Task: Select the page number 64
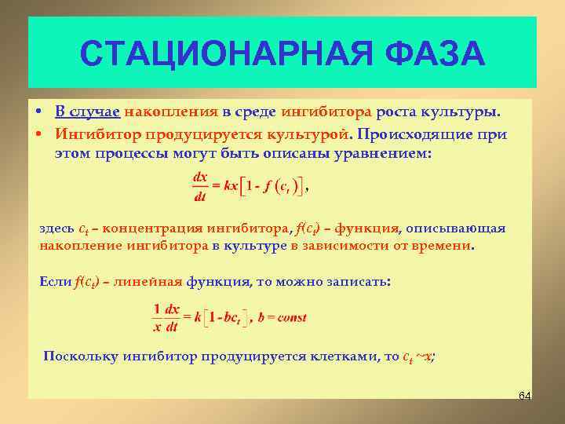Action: click(x=525, y=394)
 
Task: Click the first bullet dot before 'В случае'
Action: click(x=38, y=111)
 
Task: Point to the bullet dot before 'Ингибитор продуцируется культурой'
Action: click(x=38, y=134)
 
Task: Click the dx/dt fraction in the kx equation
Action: click(x=201, y=188)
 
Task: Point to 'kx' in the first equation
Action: click(x=231, y=187)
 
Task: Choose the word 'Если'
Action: click(x=55, y=281)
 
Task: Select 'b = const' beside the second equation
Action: click(x=282, y=317)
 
